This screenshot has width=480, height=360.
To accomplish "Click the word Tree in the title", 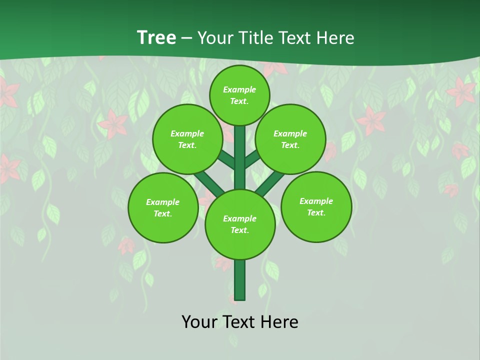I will [x=156, y=38].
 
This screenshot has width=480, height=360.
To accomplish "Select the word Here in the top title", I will [x=334, y=38].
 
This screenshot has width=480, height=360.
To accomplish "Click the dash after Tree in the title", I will [x=186, y=38].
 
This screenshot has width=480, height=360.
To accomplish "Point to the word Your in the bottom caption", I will [x=199, y=322].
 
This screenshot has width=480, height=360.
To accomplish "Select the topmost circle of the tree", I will [x=239, y=95].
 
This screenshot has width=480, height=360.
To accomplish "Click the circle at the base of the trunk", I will [x=240, y=224].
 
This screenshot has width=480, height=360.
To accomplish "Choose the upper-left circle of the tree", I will [x=187, y=139].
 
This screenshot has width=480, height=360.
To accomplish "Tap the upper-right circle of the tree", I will [x=290, y=139].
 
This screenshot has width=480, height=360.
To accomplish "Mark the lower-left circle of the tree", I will [x=163, y=207].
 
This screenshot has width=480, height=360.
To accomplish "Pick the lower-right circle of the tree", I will [x=316, y=206].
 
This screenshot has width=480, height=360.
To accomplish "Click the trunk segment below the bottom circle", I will [x=240, y=280].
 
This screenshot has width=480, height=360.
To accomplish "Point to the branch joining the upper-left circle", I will [x=226, y=160].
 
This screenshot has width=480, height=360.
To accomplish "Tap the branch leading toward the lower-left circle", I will [x=208, y=182].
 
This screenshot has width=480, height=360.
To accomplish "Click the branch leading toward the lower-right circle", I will [x=270, y=183].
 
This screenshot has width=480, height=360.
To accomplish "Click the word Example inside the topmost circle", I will [x=239, y=89].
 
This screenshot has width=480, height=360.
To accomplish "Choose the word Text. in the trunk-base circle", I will [x=239, y=230].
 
